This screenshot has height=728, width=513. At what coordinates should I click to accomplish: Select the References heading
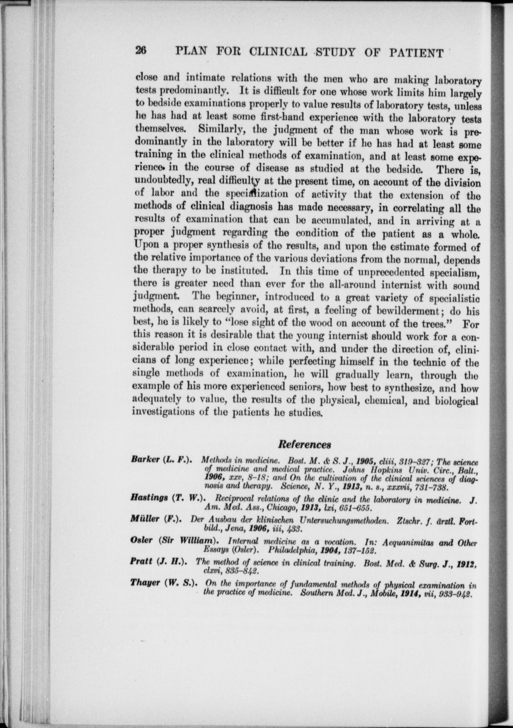pos(304,444)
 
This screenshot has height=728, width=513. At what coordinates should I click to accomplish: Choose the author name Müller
pos(145,519)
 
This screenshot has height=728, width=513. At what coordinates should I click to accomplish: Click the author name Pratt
pos(141,561)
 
